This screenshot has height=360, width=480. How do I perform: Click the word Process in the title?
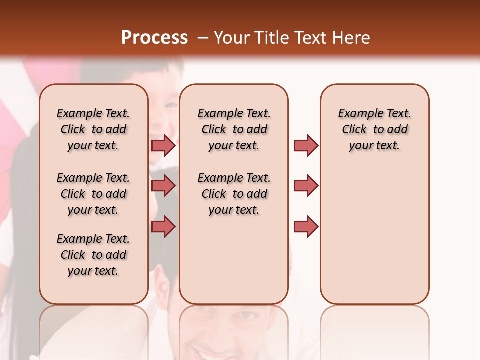[x=154, y=37]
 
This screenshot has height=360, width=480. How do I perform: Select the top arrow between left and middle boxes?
[x=163, y=145]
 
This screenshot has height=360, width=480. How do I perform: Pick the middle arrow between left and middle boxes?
[x=163, y=186]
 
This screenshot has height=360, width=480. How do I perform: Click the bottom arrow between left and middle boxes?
[x=163, y=226]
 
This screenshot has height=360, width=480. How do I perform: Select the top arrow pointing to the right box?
[x=306, y=145]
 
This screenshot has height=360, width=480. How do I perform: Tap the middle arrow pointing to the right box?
[x=306, y=186]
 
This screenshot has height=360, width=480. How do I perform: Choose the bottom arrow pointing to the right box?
[x=306, y=226]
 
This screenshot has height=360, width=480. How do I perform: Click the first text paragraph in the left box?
[x=93, y=129]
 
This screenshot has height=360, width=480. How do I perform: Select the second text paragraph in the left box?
[x=93, y=194]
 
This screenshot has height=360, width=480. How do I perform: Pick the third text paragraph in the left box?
[x=93, y=255]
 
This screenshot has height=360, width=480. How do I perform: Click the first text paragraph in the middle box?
[x=234, y=129]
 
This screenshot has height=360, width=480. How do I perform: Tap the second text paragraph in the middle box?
[x=234, y=194]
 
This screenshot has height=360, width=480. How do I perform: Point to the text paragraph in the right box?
[x=374, y=129]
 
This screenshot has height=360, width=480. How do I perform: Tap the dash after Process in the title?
[x=202, y=37]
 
